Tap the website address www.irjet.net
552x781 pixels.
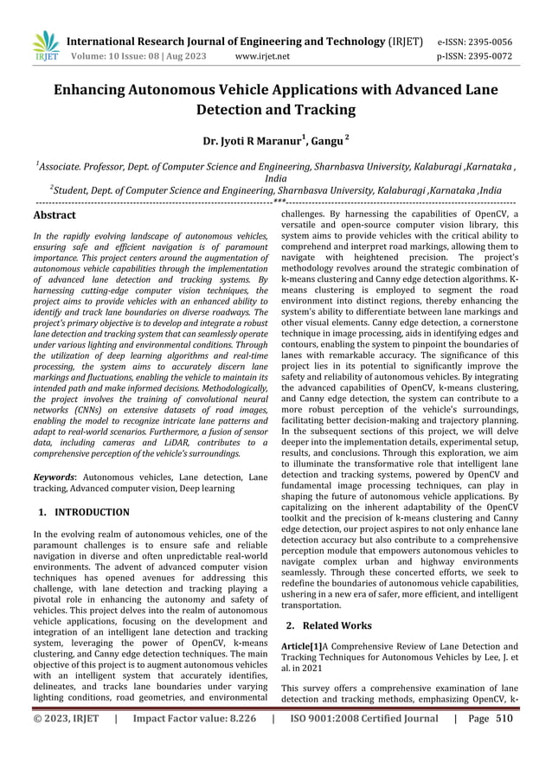[262, 55]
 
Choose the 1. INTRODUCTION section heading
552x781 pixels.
[84, 512]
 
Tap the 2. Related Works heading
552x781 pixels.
[329, 625]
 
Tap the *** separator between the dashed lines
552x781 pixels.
[278, 202]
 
